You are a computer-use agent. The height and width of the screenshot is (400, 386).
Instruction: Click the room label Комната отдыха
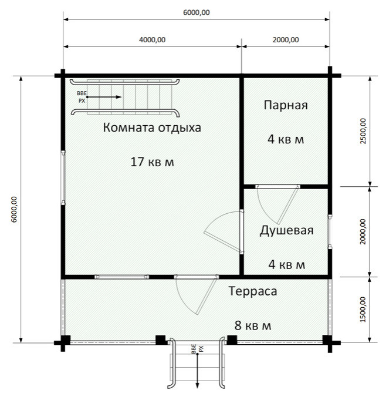coord(152,127)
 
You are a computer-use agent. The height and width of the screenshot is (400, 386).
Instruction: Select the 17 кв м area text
coord(152,162)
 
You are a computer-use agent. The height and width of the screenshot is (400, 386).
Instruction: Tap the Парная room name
coord(286,106)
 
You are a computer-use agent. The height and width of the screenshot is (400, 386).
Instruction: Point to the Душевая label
coord(286,230)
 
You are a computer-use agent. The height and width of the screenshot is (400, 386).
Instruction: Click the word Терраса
coord(252,291)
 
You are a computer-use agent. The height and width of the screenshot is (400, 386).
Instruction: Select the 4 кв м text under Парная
coord(286,140)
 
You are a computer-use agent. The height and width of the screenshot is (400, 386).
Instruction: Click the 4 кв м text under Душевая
coord(286,264)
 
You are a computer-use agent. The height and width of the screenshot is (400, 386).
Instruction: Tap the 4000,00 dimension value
coord(153,40)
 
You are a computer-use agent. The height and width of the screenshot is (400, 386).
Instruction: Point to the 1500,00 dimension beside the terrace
coord(363,308)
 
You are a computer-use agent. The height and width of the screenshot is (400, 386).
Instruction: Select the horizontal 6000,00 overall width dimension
coord(197,12)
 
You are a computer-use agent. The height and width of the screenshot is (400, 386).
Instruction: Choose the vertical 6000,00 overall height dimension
coord(14,209)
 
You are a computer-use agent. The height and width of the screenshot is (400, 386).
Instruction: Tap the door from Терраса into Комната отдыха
coord(194,294)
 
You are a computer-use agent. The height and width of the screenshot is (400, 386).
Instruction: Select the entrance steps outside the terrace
coord(197,370)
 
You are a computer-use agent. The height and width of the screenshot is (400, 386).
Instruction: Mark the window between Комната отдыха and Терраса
coord(122,276)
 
